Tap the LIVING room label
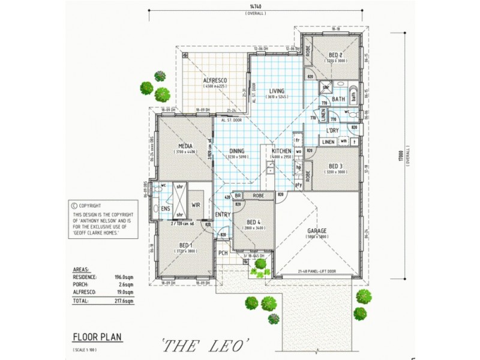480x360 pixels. (277, 91)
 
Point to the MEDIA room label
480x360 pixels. (185, 146)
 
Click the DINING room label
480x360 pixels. (236, 151)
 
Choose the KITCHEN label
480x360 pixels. (281, 151)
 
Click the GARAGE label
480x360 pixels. (317, 230)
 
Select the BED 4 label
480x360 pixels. (253, 221)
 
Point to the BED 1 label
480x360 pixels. (185, 245)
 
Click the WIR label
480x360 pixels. (196, 205)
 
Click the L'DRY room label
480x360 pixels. (334, 130)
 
